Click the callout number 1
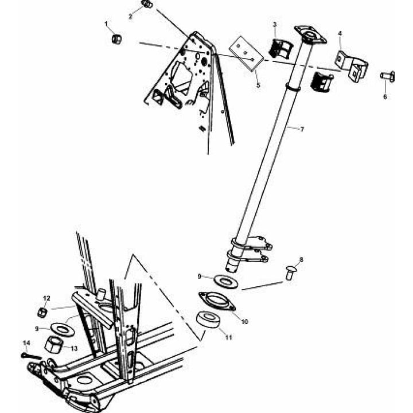[x=107, y=24]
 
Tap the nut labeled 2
[x=147, y=4]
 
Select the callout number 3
[x=275, y=25]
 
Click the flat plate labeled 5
[x=246, y=53]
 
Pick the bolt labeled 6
[x=387, y=76]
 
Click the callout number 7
[x=302, y=129]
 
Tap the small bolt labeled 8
[x=290, y=274]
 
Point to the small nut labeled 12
[x=42, y=313]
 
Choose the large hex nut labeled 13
[x=54, y=344]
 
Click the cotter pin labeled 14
[x=31, y=356]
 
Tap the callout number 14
[x=26, y=343]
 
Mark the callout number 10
[x=244, y=322]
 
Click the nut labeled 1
[x=116, y=39]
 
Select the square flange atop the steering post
[x=310, y=35]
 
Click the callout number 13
[x=74, y=349]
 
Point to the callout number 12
[x=46, y=298]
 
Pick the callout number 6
[x=385, y=97]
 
